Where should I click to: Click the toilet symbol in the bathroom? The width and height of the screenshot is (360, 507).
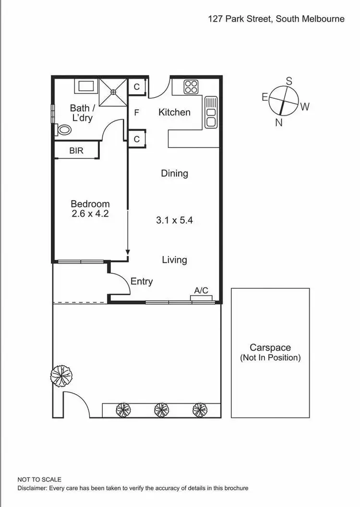(62, 130)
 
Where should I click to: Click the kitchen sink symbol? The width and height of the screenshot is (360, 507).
(211, 112)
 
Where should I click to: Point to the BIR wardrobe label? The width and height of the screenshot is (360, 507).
(76, 151)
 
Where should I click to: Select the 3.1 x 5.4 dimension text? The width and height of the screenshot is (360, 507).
(174, 221)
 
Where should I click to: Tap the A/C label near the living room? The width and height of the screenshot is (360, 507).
(201, 290)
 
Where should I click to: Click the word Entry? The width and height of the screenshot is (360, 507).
(142, 282)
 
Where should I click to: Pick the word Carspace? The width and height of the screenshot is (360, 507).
(270, 348)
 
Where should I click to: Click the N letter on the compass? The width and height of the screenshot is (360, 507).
(278, 122)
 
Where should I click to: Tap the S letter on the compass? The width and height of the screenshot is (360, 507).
(289, 82)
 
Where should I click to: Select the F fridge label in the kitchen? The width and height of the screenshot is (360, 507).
(137, 113)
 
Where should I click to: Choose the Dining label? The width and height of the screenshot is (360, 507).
(174, 174)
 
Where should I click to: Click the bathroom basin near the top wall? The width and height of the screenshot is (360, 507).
(86, 87)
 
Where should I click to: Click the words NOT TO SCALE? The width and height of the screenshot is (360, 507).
(39, 479)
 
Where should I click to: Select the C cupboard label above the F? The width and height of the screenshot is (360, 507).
(137, 87)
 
